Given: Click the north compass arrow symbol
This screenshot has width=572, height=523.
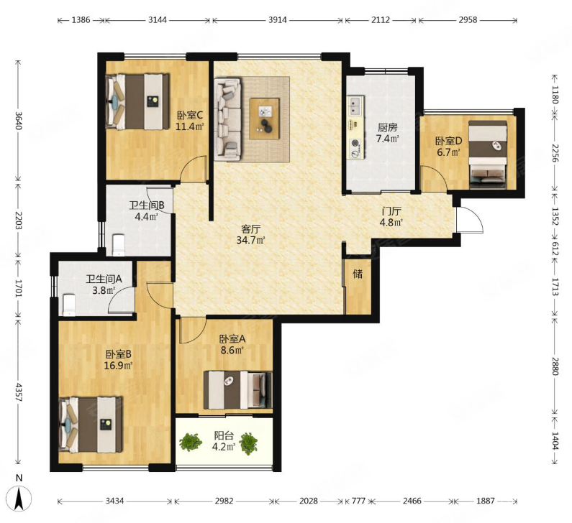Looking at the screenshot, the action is [x=19, y=498].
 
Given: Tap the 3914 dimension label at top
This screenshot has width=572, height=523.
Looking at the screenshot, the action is [x=277, y=20].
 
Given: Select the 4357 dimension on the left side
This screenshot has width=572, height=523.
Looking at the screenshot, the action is [x=19, y=391].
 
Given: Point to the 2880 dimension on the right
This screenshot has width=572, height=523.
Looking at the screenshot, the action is [x=555, y=365].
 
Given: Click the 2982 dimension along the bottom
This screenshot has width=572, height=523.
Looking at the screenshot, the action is [x=224, y=501].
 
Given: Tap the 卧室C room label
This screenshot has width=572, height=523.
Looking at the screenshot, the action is [x=190, y=115].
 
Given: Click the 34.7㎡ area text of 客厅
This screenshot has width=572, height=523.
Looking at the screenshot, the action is [x=250, y=241].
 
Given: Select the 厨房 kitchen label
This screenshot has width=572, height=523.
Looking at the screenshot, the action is [x=387, y=127].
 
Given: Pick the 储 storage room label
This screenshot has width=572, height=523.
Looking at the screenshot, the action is [x=358, y=274].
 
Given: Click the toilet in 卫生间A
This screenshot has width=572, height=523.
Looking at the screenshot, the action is [x=68, y=305].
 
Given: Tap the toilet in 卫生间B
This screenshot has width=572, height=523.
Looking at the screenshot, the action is [x=119, y=244].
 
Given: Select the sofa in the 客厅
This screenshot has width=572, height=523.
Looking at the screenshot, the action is [x=228, y=119].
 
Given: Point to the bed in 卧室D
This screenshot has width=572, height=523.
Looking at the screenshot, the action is [x=488, y=154].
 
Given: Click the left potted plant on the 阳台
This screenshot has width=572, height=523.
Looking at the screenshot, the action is [x=190, y=442].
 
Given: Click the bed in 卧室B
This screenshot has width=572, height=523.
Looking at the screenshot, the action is [x=91, y=425].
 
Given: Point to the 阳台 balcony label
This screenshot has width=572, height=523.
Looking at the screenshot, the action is [x=224, y=435].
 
